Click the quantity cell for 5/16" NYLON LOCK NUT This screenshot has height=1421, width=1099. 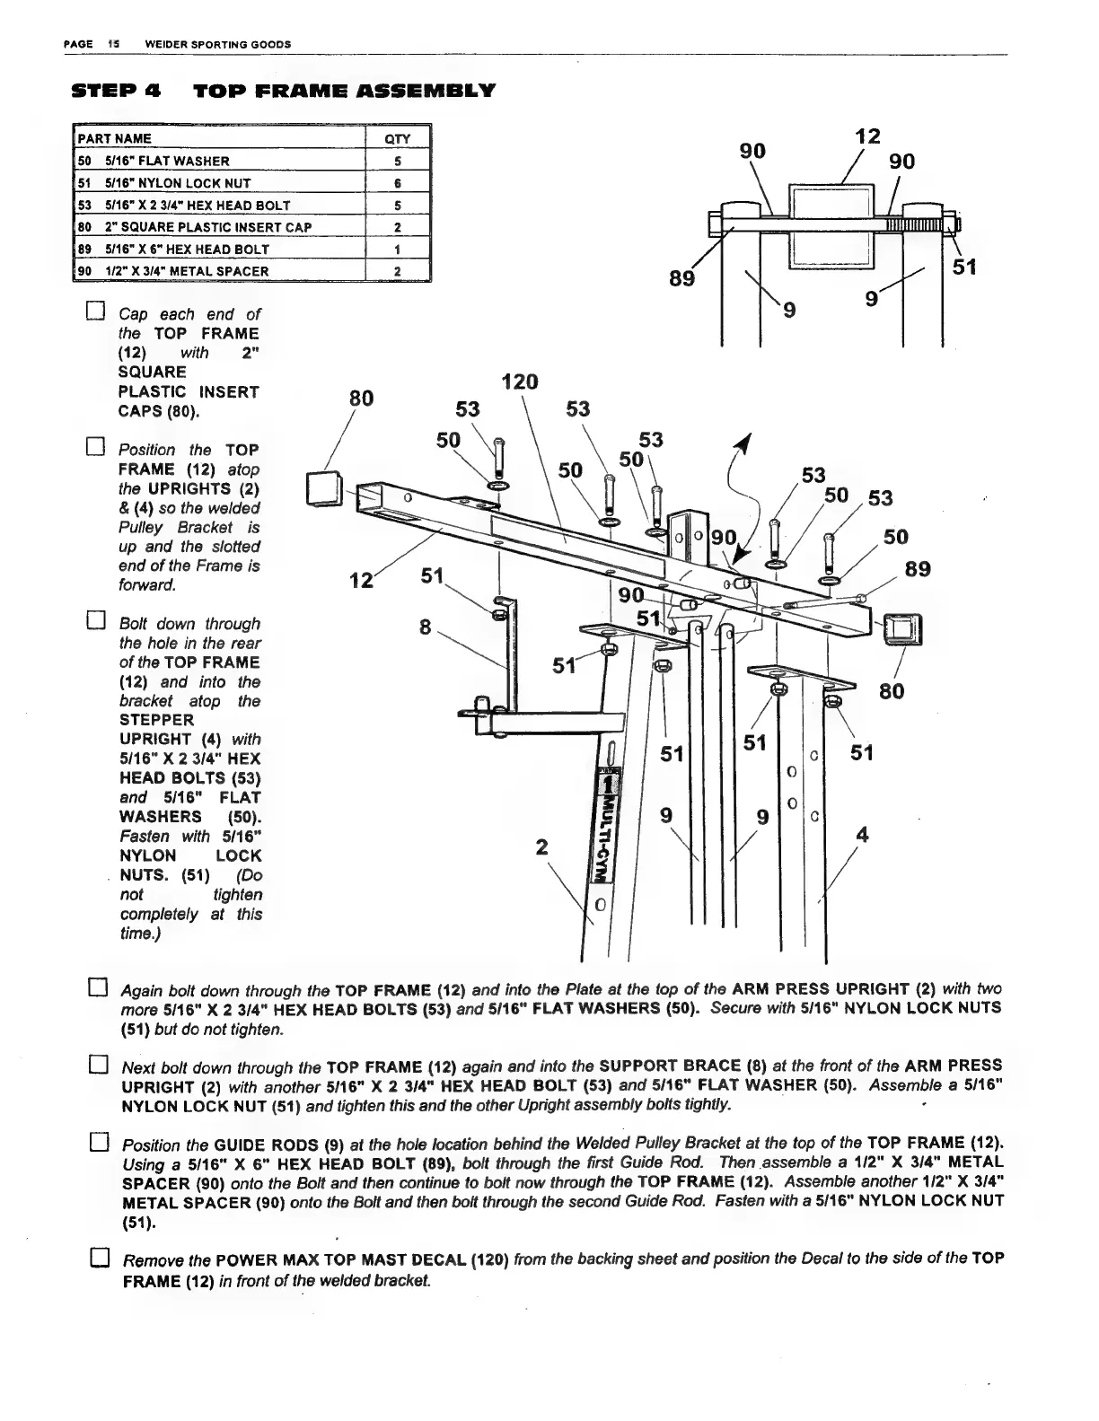397,183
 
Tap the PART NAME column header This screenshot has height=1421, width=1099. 115,139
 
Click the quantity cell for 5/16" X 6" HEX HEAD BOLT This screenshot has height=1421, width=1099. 397,250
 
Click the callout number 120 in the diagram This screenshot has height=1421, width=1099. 519,382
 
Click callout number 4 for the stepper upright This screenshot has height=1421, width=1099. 863,835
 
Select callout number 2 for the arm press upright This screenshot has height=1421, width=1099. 541,846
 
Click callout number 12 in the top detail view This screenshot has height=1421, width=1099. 866,136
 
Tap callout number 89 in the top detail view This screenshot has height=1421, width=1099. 682,279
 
